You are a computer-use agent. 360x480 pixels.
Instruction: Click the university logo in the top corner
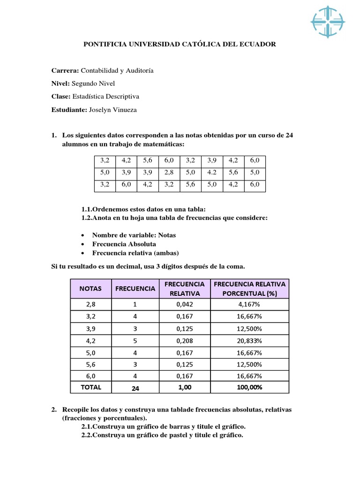tap(328, 22)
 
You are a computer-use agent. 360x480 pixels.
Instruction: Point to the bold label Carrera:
tap(65, 70)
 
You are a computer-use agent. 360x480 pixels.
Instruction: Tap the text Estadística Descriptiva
tap(110, 97)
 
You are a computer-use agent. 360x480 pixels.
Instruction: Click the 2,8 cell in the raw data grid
tap(169, 172)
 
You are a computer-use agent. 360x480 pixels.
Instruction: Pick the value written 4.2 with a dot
tap(212, 172)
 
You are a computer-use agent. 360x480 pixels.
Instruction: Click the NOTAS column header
tap(90, 288)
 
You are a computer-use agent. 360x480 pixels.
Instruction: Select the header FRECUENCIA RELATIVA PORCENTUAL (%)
tap(250, 288)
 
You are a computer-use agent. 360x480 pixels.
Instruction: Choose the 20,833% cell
tap(250, 341)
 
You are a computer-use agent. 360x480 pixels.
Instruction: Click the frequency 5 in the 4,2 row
tap(135, 341)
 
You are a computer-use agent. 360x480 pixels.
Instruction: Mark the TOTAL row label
tap(90, 387)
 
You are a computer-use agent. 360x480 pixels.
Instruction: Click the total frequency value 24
tap(135, 388)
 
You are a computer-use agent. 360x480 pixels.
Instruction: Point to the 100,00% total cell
tap(250, 387)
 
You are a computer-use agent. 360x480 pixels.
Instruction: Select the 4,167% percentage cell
tap(250, 305)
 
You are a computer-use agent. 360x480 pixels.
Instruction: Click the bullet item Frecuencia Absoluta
tap(124, 244)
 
